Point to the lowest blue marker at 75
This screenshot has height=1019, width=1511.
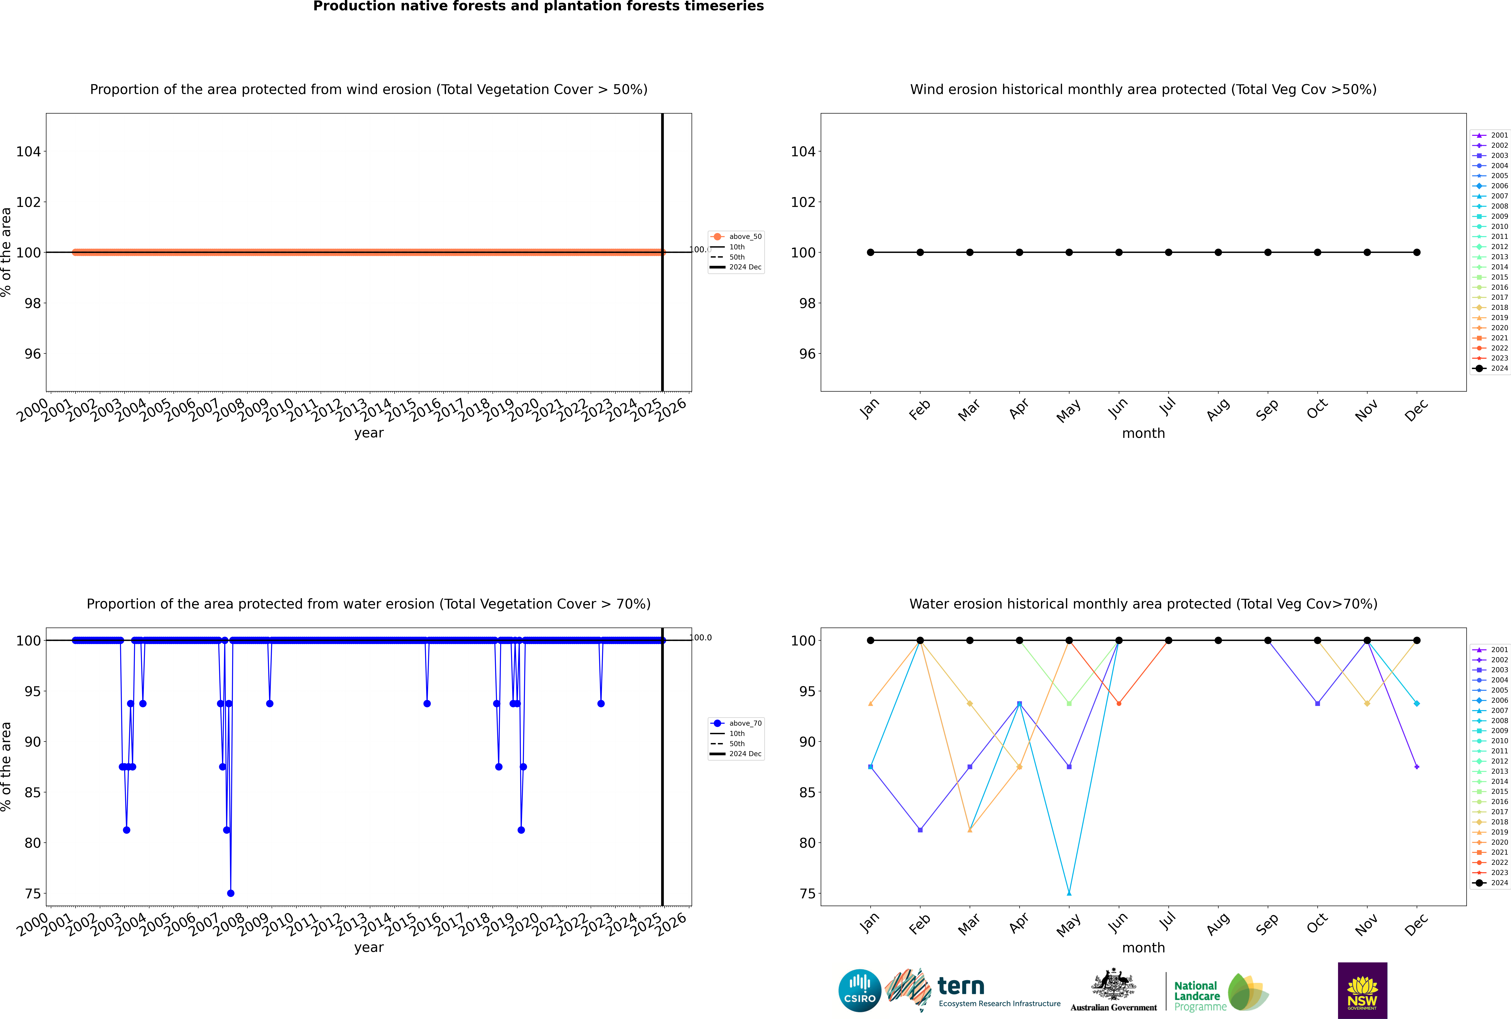231,893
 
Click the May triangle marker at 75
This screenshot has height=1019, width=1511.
1069,893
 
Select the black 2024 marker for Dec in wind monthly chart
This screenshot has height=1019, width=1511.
1417,252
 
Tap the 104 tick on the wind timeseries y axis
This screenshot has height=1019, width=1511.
28,151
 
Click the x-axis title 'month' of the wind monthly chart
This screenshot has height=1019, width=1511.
1143,434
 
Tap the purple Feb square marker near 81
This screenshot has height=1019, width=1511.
920,830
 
